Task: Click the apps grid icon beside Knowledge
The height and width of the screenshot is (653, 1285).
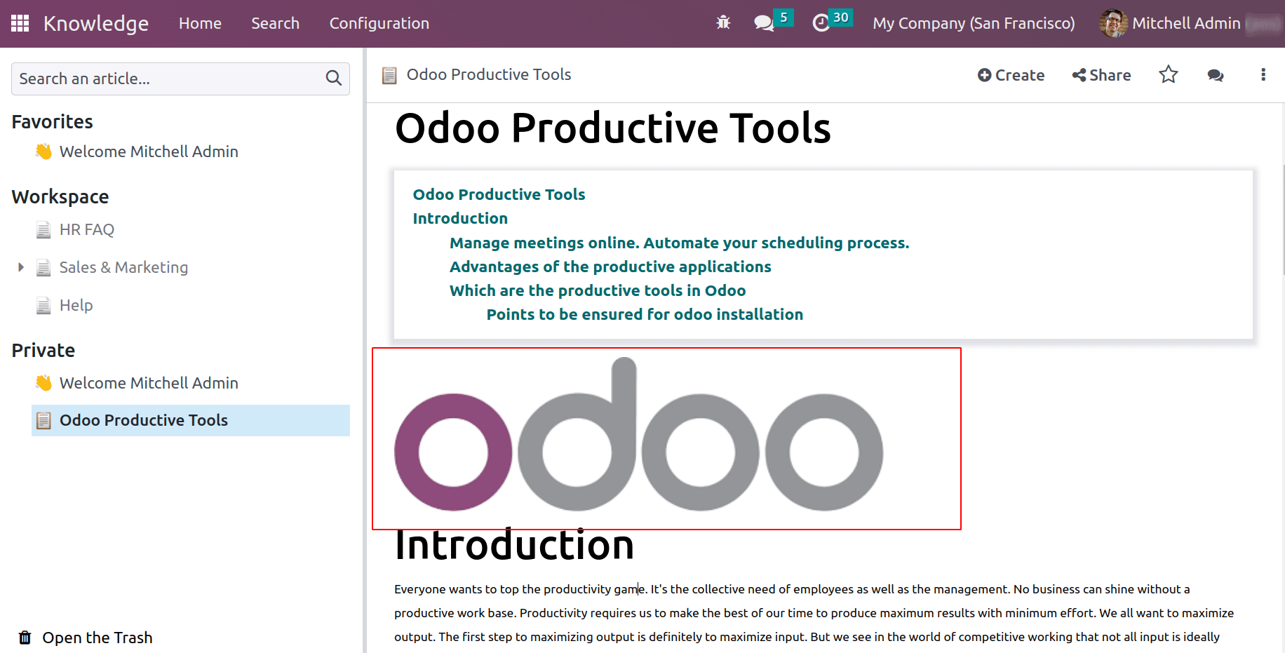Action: pos(20,23)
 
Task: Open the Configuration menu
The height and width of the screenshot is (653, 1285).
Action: pos(379,23)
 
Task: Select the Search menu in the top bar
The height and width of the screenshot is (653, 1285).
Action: pos(275,23)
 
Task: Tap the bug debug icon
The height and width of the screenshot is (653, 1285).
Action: pos(723,23)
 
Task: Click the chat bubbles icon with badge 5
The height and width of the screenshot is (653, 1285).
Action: pos(764,23)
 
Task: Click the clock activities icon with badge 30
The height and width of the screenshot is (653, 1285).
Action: pos(821,23)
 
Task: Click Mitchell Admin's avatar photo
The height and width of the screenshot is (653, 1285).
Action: pos(1113,23)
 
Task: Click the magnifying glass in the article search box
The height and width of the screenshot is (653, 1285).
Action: pos(333,78)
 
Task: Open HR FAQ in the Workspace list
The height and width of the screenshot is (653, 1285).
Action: pos(86,229)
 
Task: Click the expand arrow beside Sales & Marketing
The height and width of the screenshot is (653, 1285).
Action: pos(21,267)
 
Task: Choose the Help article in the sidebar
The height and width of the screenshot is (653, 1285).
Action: pos(76,305)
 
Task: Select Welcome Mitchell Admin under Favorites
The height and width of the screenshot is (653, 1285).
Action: pos(149,152)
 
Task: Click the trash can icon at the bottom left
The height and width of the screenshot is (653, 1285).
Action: pos(25,638)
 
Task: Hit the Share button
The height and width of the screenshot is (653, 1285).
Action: pos(1101,75)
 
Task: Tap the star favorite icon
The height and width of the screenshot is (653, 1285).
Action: pos(1168,74)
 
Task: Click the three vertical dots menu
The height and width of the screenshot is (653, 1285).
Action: pos(1263,74)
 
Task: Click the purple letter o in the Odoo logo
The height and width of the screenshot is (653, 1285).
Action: pos(407,452)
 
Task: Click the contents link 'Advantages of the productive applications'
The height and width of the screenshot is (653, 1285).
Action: pos(610,267)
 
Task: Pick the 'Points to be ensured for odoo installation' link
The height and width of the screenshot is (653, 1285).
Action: pos(645,314)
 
